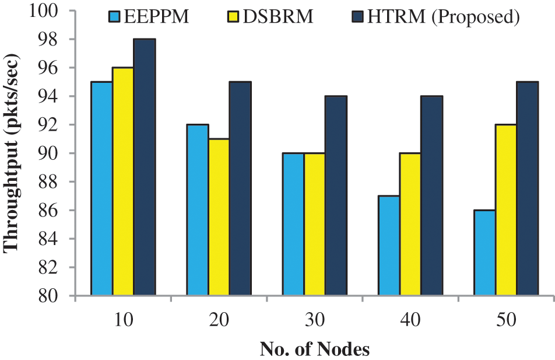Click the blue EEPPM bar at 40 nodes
(x=389, y=246)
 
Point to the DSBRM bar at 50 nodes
(x=506, y=210)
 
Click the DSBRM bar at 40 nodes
(x=410, y=224)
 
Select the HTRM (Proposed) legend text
(x=443, y=17)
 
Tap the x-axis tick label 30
(x=315, y=320)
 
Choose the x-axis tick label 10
(x=124, y=320)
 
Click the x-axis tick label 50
(x=505, y=320)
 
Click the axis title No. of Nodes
(x=315, y=349)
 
